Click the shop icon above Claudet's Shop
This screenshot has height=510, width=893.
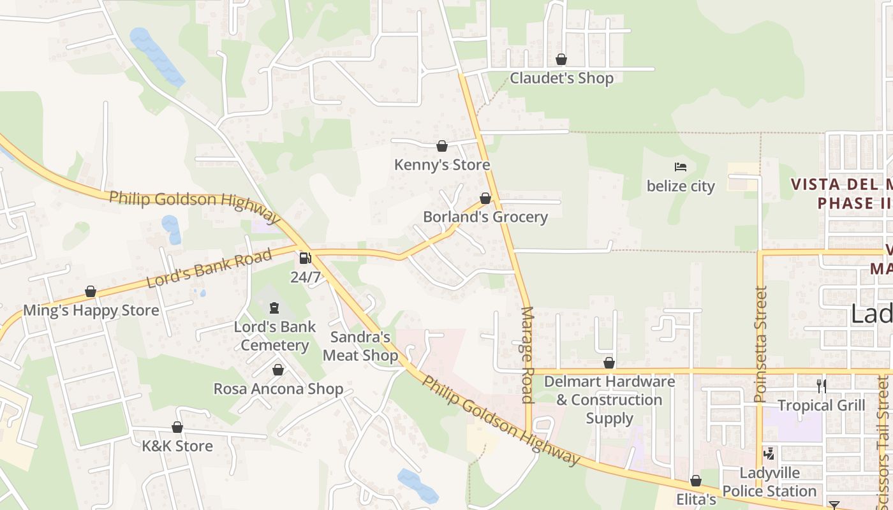click(561, 59)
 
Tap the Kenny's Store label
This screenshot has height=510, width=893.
click(442, 165)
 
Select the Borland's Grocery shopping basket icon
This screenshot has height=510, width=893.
click(485, 198)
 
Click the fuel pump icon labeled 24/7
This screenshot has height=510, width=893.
click(306, 258)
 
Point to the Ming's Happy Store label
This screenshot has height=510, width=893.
click(91, 310)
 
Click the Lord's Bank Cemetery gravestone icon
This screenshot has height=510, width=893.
click(274, 309)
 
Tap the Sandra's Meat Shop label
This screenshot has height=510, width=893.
click(360, 346)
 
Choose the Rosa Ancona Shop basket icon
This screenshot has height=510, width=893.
click(278, 370)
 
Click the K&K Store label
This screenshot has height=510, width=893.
click(177, 446)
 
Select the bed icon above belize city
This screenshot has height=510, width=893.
click(681, 168)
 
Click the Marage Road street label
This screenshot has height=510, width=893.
click(528, 355)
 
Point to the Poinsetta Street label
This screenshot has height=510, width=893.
click(760, 344)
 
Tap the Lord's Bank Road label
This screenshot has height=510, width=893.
click(209, 268)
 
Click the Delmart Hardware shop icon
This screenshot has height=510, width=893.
click(609, 363)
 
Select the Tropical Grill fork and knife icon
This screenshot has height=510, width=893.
click(822, 386)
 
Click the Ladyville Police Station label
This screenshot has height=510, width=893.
click(769, 483)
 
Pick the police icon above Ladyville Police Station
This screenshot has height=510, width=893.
click(769, 454)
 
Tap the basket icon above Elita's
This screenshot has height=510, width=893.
click(696, 481)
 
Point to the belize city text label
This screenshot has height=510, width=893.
click(681, 186)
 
